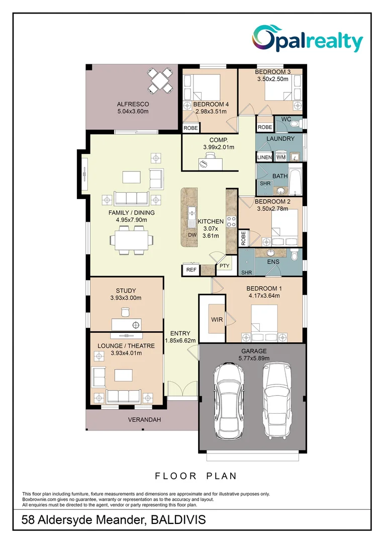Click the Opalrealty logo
[x=308, y=40]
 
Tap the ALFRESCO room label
[x=133, y=104]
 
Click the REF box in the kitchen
[x=191, y=270]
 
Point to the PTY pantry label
[x=224, y=266]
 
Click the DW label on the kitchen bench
[x=191, y=235]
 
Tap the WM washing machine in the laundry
[x=281, y=157]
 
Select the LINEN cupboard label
[x=264, y=157]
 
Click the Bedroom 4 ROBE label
[x=190, y=128]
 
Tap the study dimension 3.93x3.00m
[x=126, y=298]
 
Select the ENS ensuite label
[x=273, y=262]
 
